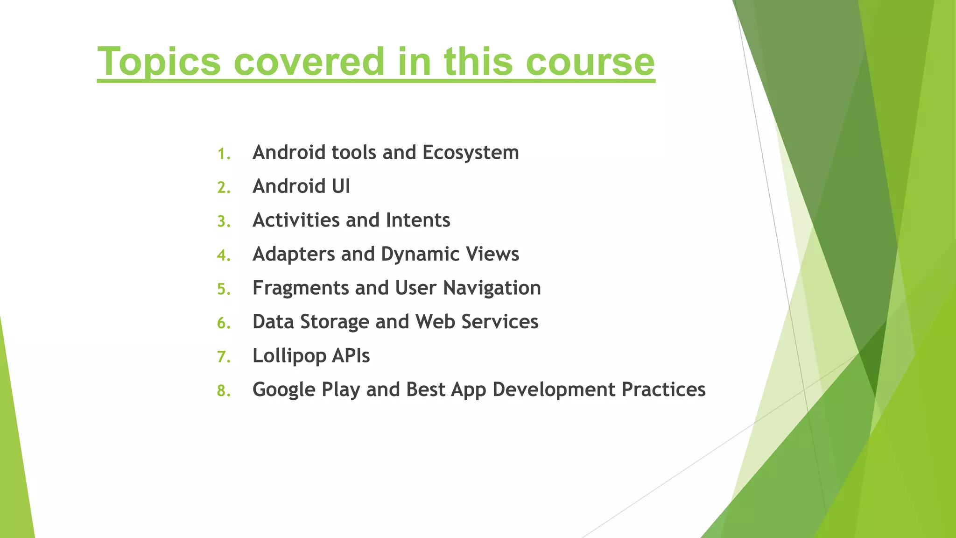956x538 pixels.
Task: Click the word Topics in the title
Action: point(159,62)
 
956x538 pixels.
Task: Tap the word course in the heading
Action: point(590,62)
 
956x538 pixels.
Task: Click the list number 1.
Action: point(224,154)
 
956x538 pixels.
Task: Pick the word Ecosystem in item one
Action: point(471,153)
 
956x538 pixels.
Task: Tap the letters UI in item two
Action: point(341,186)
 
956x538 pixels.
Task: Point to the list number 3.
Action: point(224,221)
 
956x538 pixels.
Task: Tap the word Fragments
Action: point(301,288)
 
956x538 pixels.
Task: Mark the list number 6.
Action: point(224,323)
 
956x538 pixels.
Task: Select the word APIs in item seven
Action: point(351,356)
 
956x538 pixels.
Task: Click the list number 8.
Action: point(224,391)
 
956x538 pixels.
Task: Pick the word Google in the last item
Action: point(284,390)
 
